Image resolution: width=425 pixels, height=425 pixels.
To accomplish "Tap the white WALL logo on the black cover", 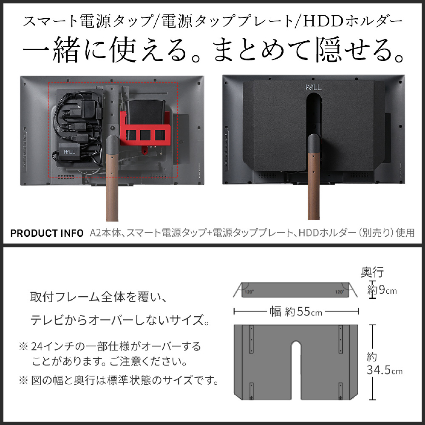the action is pyautogui.click(x=313, y=87).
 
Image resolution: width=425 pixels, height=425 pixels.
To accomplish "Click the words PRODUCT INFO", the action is pyautogui.click(x=47, y=233).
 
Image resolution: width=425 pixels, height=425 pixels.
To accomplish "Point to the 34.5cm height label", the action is pyautogui.click(x=384, y=370).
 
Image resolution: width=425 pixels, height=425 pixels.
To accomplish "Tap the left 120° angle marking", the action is pyautogui.click(x=249, y=292).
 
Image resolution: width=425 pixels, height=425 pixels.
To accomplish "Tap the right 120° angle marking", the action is pyautogui.click(x=339, y=292).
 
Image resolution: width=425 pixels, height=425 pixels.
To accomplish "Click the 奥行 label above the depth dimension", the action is pyautogui.click(x=372, y=272).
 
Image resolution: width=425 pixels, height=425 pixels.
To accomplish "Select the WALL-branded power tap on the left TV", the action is pyautogui.click(x=69, y=152).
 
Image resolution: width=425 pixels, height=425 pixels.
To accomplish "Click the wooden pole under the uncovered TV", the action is pyautogui.click(x=112, y=187).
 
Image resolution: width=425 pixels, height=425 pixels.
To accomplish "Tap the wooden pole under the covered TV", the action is pyautogui.click(x=314, y=187).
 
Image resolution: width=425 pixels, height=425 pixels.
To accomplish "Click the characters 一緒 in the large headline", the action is pyautogui.click(x=51, y=50).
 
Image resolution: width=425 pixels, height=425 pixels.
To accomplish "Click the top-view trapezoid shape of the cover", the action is pyautogui.click(x=296, y=290).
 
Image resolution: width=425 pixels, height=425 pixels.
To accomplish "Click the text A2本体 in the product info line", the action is pyautogui.click(x=105, y=233).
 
